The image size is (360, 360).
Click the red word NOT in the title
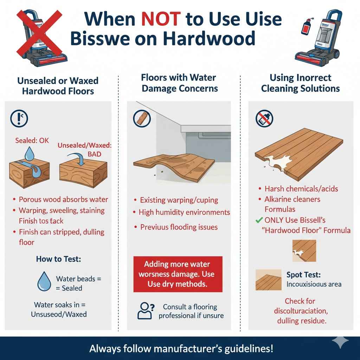click(161, 19)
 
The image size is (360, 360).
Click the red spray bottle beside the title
click(305, 30)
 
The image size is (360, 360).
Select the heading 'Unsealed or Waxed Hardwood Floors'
click(58, 86)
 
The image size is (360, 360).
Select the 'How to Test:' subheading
click(58, 259)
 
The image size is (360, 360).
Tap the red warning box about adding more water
click(178, 274)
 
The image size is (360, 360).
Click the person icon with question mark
click(145, 310)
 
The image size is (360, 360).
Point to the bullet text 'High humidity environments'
click(184, 212)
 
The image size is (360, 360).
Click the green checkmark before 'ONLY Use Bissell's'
click(259, 220)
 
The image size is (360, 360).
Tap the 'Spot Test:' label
click(303, 275)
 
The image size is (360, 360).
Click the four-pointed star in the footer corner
click(340, 341)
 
